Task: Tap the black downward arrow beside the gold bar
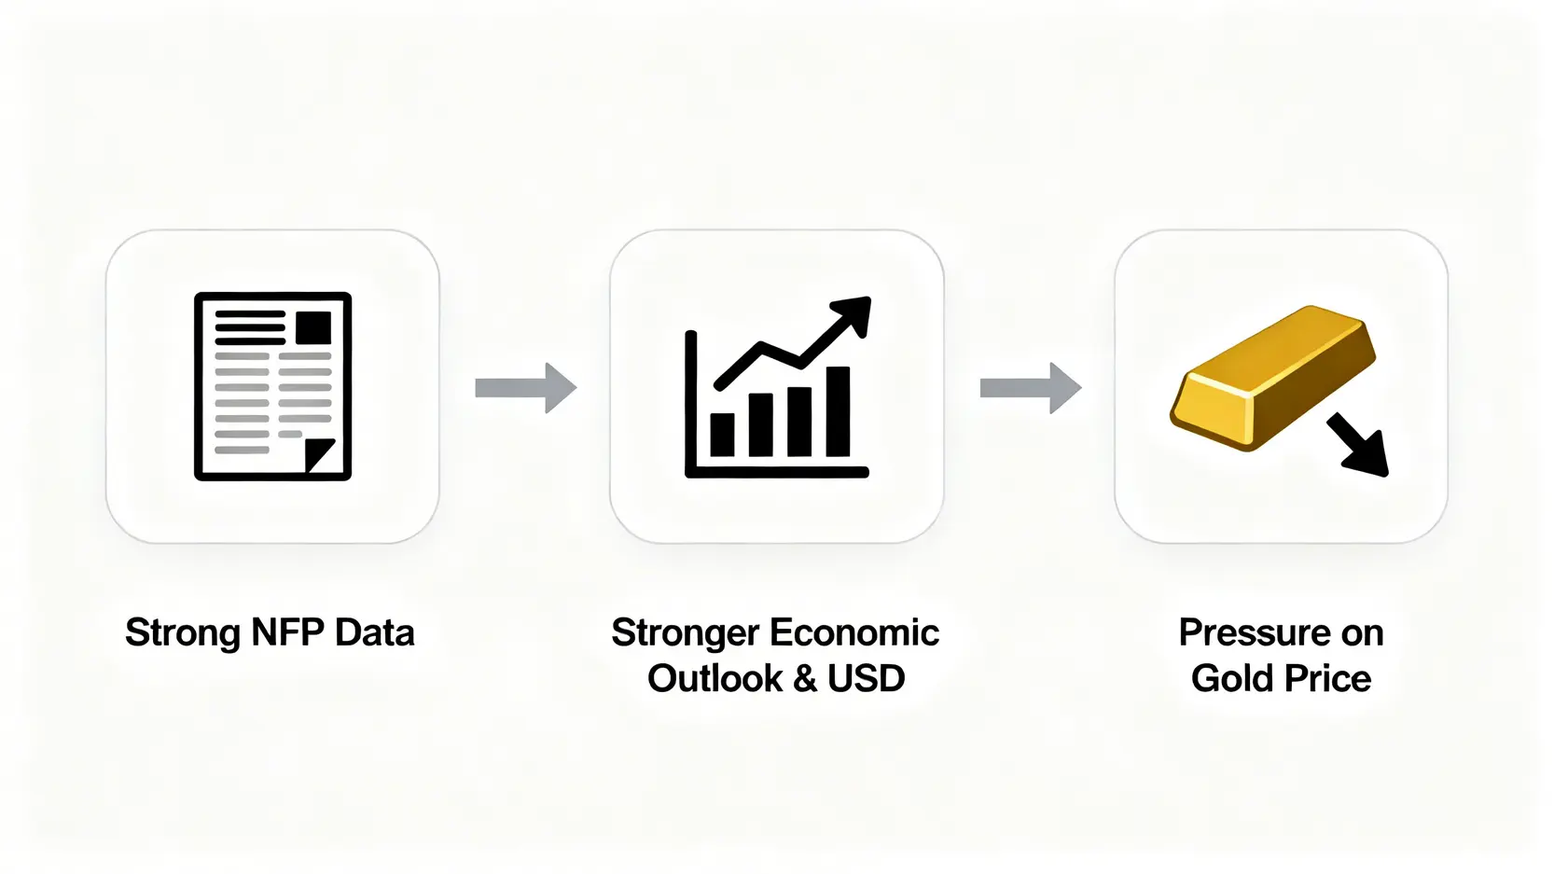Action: [x=1358, y=445]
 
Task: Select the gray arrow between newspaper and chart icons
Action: [x=526, y=388]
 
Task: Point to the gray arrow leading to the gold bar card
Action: [x=1031, y=388]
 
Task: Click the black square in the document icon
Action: [x=313, y=327]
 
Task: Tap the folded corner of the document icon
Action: [x=320, y=455]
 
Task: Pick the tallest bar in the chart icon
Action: [x=838, y=411]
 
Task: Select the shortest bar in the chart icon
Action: [x=722, y=435]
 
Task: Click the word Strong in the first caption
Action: [x=183, y=633]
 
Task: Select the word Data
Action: [x=375, y=632]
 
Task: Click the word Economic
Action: [x=854, y=632]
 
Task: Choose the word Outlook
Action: [x=715, y=678]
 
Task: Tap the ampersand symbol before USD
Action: [x=805, y=678]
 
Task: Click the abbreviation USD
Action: [x=867, y=678]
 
